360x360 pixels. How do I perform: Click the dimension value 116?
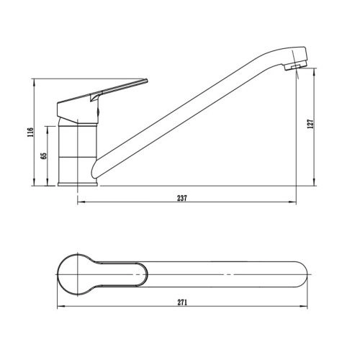[30, 132]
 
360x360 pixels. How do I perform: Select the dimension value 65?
[44, 156]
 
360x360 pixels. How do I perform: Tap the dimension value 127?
[310, 124]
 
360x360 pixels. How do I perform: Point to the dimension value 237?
[182, 198]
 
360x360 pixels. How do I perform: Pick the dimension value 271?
[182, 302]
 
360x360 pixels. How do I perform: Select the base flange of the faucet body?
[78, 184]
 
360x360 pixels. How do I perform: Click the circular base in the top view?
[77, 274]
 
